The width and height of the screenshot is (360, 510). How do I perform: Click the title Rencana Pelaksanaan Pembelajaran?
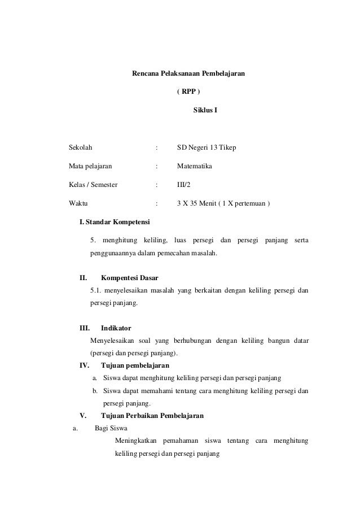tap(188, 73)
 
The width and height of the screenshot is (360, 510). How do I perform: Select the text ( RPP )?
tap(188, 91)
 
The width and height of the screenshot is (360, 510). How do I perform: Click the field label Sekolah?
tap(81, 148)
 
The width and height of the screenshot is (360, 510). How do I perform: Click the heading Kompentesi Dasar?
tap(129, 278)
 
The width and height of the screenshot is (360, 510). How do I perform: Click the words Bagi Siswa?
tap(111, 428)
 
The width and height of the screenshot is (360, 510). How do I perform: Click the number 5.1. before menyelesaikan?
tap(97, 291)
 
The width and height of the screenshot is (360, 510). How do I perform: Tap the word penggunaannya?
tap(115, 253)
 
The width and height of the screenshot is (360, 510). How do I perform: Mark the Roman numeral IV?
tap(84, 365)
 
